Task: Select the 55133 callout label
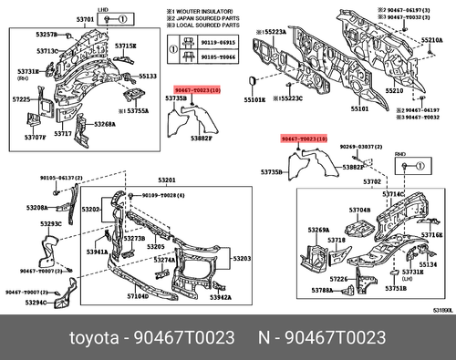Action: tap(148, 77)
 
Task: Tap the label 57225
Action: tap(21, 98)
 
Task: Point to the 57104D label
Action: tap(138, 296)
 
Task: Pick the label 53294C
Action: tap(37, 303)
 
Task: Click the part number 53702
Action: tap(347, 181)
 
